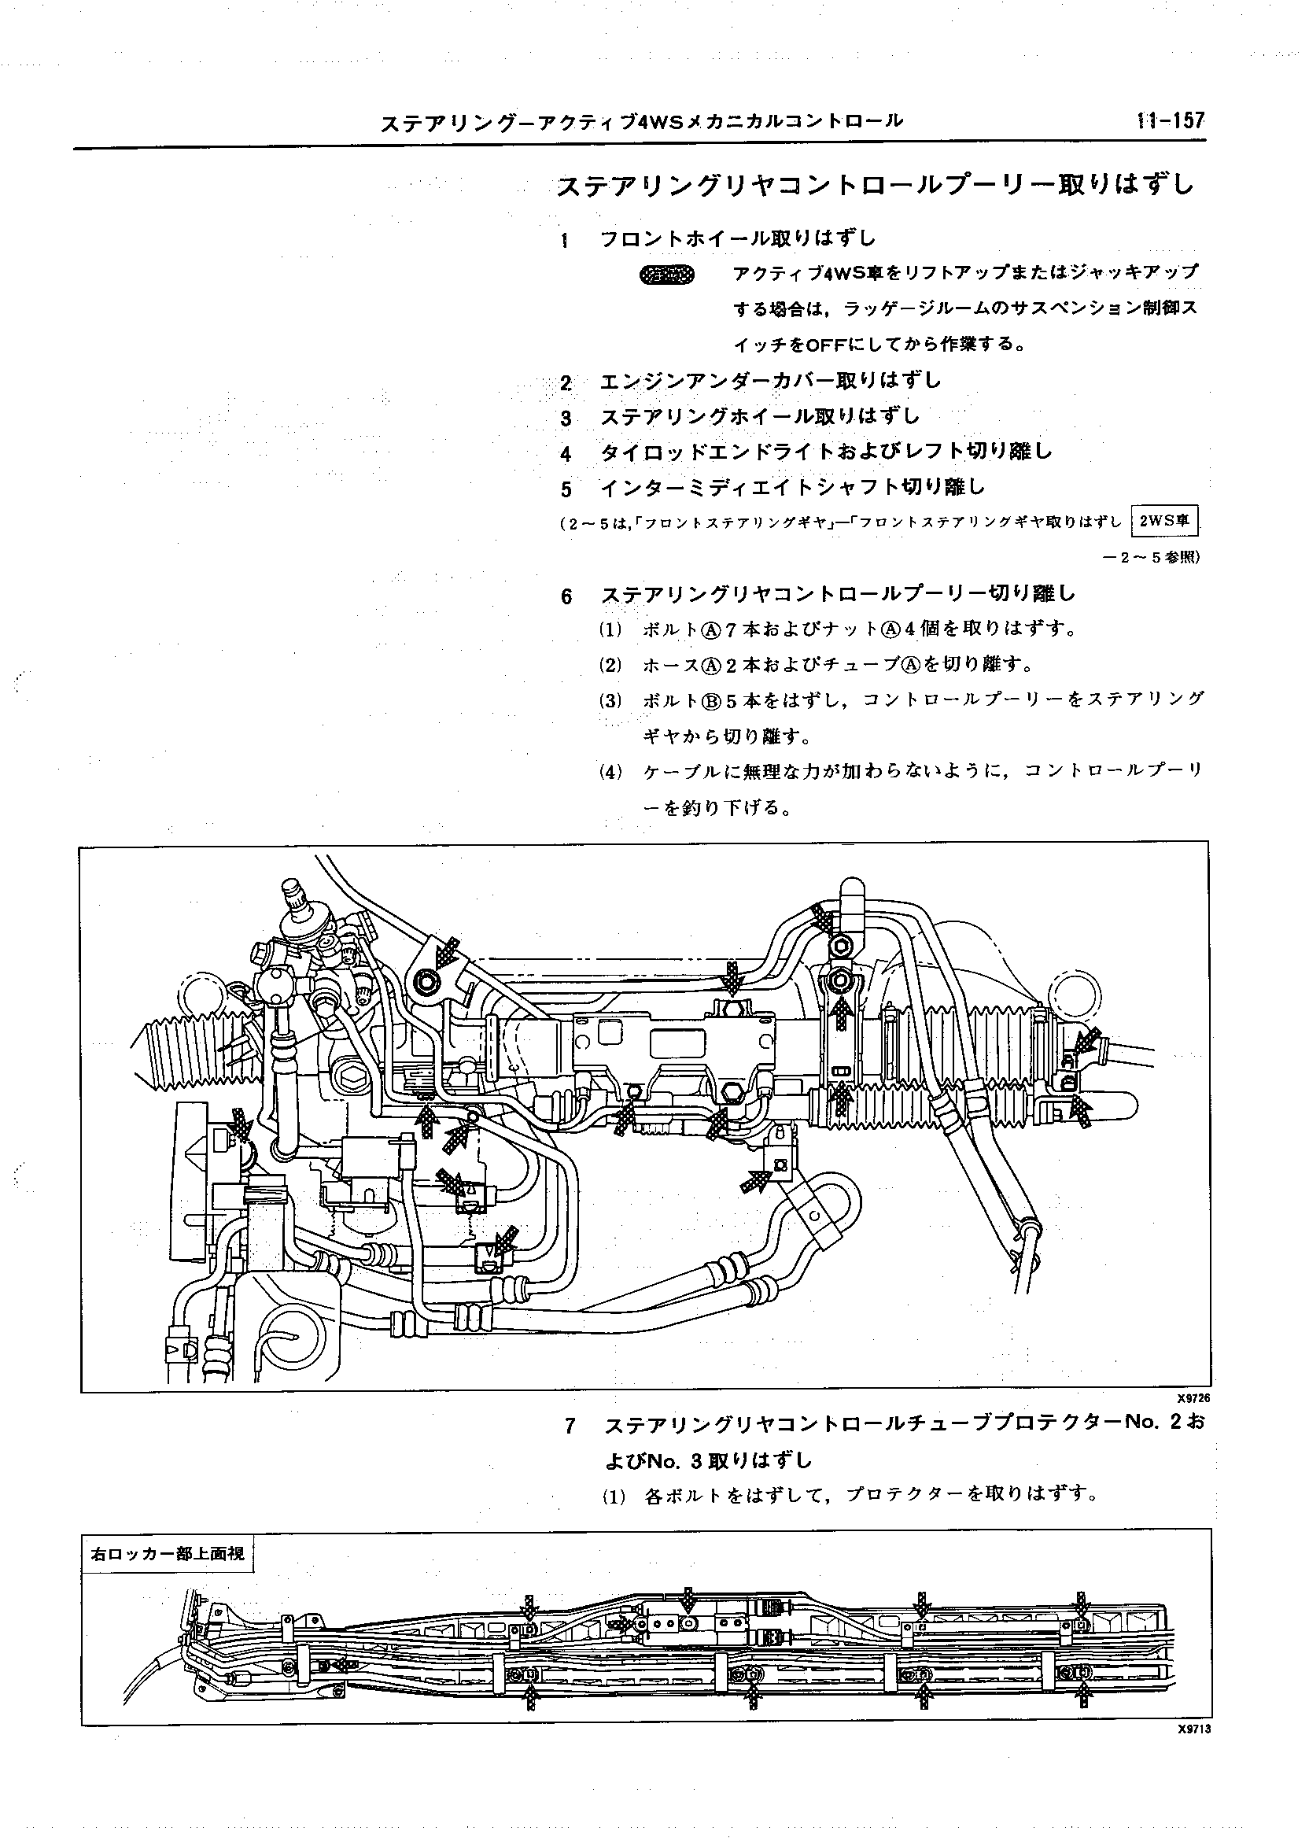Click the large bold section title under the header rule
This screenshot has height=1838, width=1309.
pyautogui.click(x=875, y=186)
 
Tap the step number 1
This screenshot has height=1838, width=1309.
pyautogui.click(x=566, y=240)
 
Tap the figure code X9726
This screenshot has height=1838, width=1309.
pyautogui.click(x=1193, y=1399)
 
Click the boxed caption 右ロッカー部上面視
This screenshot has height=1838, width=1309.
pyautogui.click(x=167, y=1553)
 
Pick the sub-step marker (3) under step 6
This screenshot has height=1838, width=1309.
pyautogui.click(x=611, y=699)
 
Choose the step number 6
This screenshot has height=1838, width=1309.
pyautogui.click(x=566, y=596)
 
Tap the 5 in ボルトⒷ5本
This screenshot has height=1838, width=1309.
pyautogui.click(x=732, y=699)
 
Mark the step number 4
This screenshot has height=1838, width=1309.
pyautogui.click(x=566, y=454)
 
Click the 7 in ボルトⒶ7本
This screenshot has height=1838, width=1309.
pyautogui.click(x=731, y=629)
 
